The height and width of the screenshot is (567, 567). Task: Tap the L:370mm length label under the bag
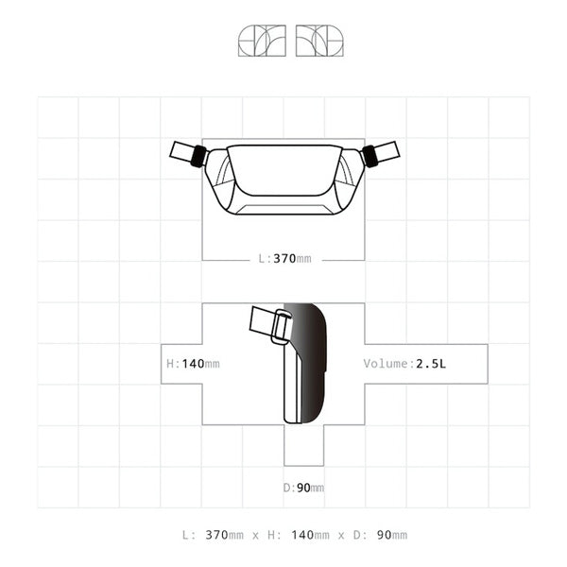point(283,258)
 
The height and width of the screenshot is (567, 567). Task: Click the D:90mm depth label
point(303,488)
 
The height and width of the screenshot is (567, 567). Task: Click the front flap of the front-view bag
point(283,172)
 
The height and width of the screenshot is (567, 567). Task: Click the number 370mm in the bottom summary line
point(225,535)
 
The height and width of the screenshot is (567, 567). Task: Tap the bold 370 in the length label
point(284,258)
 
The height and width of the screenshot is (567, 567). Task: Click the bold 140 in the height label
point(194,363)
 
